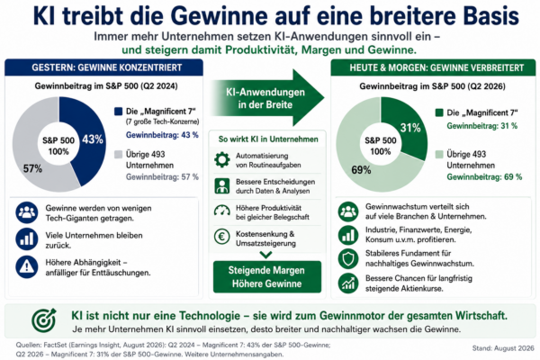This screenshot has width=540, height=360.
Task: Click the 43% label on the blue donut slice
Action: [93, 139]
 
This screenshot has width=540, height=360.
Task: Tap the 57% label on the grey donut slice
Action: [32, 168]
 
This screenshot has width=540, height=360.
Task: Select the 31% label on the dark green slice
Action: [410, 128]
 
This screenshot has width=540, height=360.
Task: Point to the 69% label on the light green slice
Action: [361, 170]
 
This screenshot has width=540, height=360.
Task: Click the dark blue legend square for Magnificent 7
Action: [118, 112]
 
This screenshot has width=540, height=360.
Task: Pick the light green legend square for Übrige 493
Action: [439, 154]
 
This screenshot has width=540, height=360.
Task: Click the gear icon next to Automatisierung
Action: [221, 160]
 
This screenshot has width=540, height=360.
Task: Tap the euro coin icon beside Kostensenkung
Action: [221, 237]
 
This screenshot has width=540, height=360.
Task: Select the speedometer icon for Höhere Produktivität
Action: [221, 211]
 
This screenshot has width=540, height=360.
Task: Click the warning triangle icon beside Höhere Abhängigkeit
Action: [27, 266]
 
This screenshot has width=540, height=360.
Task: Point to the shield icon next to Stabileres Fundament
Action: [348, 258]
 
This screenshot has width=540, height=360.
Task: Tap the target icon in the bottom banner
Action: [44, 319]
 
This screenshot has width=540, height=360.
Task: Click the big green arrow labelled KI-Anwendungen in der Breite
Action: [267, 98]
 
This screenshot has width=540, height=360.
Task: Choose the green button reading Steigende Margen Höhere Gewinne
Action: [267, 277]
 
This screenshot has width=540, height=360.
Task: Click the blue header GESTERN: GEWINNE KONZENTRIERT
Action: [103, 67]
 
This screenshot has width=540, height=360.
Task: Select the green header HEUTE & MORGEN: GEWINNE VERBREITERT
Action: [433, 67]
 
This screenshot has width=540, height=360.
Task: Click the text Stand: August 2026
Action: [503, 348]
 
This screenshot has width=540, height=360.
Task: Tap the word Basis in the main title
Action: [490, 15]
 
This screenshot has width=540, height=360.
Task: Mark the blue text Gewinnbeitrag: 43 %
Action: [162, 135]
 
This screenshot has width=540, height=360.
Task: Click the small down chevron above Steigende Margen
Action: [266, 255]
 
